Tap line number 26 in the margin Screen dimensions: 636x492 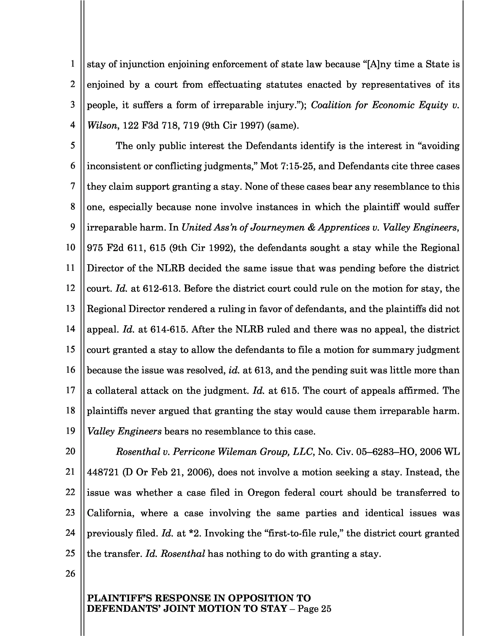(70, 573)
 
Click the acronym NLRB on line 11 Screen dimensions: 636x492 (170, 268)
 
